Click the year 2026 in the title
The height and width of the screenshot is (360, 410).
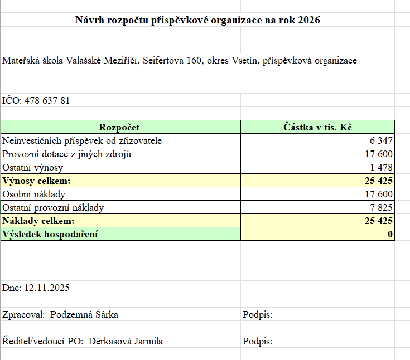[309, 20]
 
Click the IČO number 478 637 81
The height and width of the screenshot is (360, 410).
[47, 101]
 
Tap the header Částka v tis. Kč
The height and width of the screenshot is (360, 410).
[317, 127]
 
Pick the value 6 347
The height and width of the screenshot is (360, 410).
[381, 140]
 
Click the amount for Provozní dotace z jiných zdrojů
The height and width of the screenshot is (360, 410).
[379, 154]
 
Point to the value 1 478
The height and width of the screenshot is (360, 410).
[381, 167]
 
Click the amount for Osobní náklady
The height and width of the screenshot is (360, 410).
[379, 194]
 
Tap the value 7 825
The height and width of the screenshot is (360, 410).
[381, 208]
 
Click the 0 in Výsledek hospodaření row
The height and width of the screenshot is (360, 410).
[390, 235]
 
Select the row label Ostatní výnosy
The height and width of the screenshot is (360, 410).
[33, 167]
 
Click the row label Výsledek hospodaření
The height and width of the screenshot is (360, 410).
[50, 235]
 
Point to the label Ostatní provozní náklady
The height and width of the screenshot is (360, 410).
[53, 208]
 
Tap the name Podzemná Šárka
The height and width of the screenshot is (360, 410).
[84, 315]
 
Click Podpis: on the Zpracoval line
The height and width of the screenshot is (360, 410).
[257, 315]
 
